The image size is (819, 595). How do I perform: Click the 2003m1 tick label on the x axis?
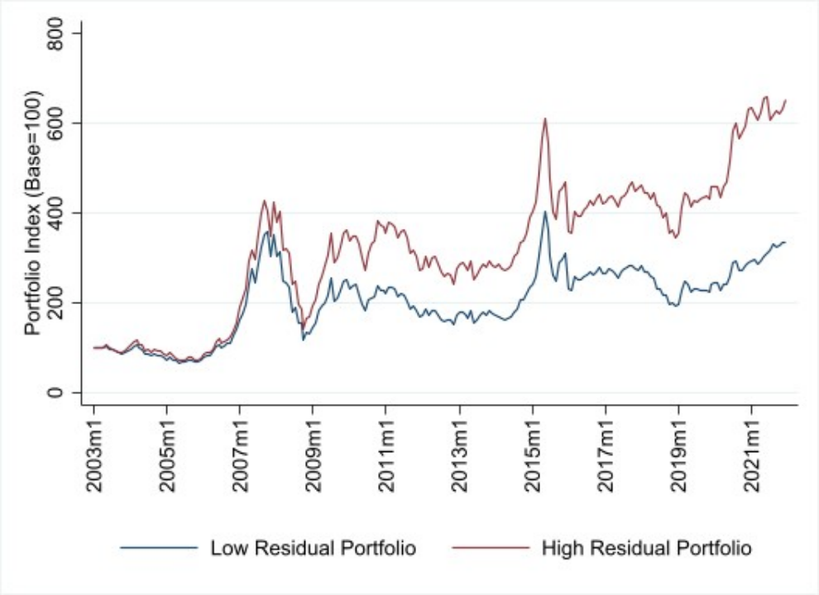point(94,451)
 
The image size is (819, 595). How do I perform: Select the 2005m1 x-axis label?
point(167,451)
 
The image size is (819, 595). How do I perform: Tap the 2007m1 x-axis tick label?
point(240,451)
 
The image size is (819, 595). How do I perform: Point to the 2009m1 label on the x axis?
point(314,451)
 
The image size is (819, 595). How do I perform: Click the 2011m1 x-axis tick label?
point(386,451)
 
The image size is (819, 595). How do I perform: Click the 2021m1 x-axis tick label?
point(752,451)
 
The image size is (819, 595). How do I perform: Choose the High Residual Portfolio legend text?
point(646,548)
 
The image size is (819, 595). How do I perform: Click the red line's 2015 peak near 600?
point(545,119)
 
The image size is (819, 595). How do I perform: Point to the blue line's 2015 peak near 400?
point(545,212)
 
